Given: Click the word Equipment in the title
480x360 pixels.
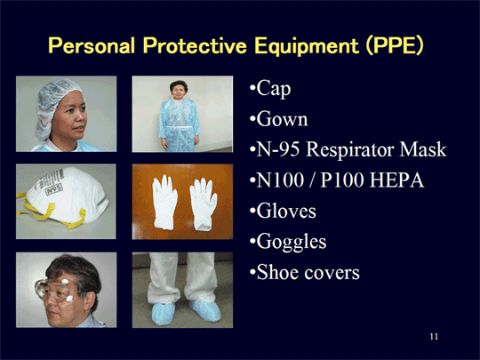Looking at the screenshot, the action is (307, 46).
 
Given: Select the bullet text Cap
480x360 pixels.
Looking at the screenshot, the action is (274, 90).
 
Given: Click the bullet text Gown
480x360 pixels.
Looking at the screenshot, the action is (282, 119).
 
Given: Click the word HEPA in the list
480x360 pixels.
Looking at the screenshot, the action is (396, 180).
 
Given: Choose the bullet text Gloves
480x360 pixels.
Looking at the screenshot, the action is (286, 211).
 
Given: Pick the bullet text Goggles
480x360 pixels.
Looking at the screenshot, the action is (292, 243).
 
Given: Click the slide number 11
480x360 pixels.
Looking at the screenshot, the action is (434, 336).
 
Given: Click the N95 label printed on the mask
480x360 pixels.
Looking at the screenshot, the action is (54, 189).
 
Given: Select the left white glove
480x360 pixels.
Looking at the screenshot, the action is (164, 203).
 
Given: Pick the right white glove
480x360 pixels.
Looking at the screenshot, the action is (203, 204).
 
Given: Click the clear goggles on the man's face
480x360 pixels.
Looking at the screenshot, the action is (54, 290).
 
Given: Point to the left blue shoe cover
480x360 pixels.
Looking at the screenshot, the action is (164, 313).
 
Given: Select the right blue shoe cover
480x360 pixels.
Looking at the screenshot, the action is (205, 310).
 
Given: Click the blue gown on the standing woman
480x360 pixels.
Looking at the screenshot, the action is (180, 125).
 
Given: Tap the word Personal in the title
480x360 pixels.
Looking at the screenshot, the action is (92, 45).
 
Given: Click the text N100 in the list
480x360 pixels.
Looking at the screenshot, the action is (280, 180).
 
